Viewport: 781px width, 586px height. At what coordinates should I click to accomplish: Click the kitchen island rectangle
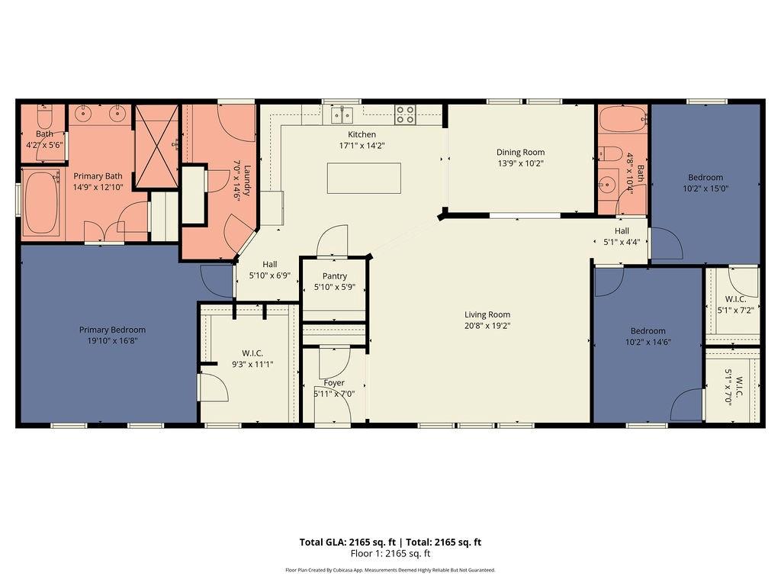pyautogui.click(x=364, y=178)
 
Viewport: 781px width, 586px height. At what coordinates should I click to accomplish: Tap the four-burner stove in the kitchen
pyautogui.click(x=405, y=114)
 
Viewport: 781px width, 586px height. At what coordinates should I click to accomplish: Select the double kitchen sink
pyautogui.click(x=342, y=115)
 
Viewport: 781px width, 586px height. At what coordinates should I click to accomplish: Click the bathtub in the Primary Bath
pyautogui.click(x=41, y=203)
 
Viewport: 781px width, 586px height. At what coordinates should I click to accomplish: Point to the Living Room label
pyautogui.click(x=487, y=314)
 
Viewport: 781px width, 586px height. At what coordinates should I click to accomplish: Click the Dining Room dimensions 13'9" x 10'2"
pyautogui.click(x=520, y=163)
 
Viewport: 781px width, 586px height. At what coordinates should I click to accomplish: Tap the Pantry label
pyautogui.click(x=334, y=275)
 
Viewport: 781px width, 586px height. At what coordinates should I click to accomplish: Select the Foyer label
pyautogui.click(x=334, y=383)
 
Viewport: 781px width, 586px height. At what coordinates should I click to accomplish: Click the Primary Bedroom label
pyautogui.click(x=113, y=330)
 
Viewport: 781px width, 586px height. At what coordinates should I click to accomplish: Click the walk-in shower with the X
pyautogui.click(x=156, y=146)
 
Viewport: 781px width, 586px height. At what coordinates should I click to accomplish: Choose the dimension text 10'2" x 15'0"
pyautogui.click(x=705, y=188)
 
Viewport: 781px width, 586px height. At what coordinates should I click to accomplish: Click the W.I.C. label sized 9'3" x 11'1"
pyautogui.click(x=252, y=353)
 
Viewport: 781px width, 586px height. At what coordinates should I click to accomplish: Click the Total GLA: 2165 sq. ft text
pyautogui.click(x=348, y=543)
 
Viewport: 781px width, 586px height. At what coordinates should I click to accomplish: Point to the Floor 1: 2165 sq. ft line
pyautogui.click(x=390, y=554)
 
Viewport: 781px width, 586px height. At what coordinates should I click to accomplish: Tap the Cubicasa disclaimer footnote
pyautogui.click(x=390, y=570)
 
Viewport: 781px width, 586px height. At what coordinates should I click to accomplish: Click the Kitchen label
pyautogui.click(x=362, y=134)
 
